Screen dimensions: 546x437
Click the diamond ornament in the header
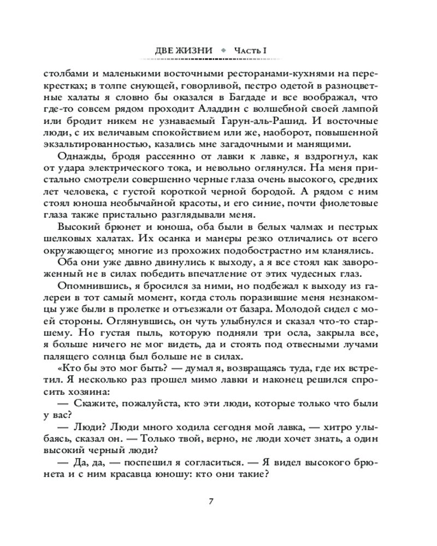click(x=223, y=51)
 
